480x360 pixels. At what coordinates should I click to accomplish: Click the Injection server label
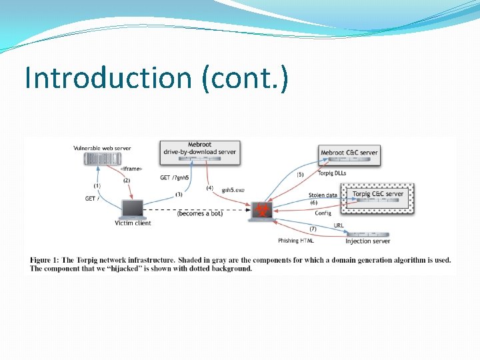(367, 241)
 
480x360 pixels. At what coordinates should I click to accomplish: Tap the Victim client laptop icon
(132, 209)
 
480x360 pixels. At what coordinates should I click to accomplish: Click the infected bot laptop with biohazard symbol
(261, 210)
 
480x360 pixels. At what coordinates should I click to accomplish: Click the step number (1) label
(97, 186)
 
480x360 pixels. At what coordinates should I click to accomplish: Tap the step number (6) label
(314, 203)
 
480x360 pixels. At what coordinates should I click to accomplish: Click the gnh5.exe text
(233, 190)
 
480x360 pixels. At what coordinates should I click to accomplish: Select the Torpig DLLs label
(331, 173)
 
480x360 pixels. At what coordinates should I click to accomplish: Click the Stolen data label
(323, 195)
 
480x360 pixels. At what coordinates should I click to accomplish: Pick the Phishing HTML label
(296, 241)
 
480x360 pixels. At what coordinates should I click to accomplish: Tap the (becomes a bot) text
(200, 213)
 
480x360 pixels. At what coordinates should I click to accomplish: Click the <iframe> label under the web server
(131, 169)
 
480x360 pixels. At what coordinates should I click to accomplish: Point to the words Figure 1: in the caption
(45, 260)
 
